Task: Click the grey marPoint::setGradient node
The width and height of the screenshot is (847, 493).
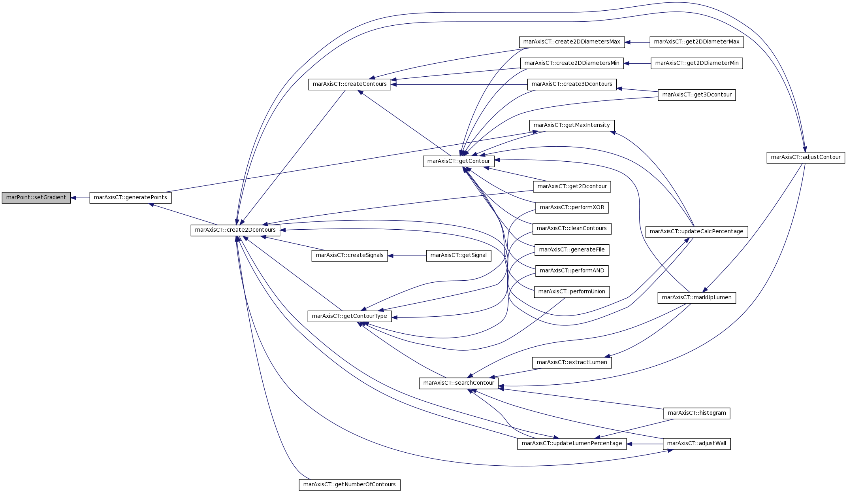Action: [x=36, y=198]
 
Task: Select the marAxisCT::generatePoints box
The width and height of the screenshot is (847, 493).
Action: [x=130, y=198]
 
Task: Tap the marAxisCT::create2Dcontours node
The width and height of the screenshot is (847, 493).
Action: [x=235, y=230]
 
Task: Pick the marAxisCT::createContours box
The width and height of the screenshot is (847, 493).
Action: [x=350, y=84]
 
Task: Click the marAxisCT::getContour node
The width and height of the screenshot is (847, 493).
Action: [x=459, y=161]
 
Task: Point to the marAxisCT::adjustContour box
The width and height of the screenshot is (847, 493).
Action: [x=806, y=157]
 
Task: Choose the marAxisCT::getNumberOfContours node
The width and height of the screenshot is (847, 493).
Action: [x=350, y=485]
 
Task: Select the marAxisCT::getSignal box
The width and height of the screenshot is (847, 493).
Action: [x=459, y=255]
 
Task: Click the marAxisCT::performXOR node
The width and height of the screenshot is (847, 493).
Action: [x=572, y=208]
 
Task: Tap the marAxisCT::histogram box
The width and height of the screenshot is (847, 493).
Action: [x=697, y=413]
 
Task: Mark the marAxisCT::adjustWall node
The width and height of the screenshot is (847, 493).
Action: [x=697, y=444]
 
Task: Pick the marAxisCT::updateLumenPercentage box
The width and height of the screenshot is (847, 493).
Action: [x=572, y=444]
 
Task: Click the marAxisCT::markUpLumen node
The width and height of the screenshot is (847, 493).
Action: [x=697, y=298]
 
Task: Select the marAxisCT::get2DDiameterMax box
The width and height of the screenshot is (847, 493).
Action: [x=697, y=42]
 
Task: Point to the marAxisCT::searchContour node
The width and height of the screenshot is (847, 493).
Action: [x=459, y=383]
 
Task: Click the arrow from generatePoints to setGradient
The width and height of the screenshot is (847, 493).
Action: [x=80, y=198]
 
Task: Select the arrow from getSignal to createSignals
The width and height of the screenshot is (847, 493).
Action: [x=407, y=256]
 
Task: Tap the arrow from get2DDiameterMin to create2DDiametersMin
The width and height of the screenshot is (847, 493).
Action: [x=637, y=63]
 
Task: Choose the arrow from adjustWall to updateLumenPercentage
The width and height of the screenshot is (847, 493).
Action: [x=645, y=444]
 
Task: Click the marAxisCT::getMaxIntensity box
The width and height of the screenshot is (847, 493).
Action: [x=572, y=125]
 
